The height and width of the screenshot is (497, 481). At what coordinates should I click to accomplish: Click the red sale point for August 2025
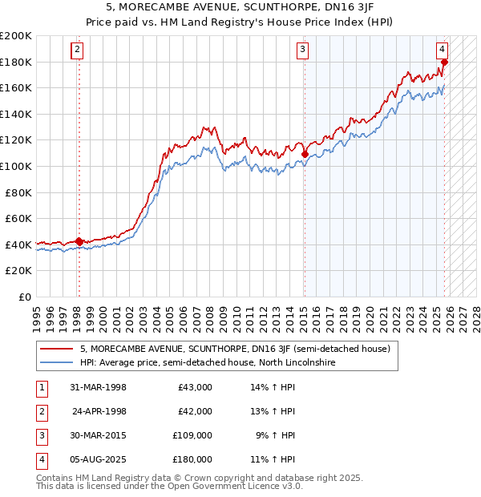tap(444, 62)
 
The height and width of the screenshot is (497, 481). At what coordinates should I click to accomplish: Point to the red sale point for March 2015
tap(305, 155)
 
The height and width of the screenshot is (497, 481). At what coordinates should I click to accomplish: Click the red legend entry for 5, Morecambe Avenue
tap(234, 349)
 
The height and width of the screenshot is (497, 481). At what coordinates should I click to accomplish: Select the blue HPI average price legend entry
tap(206, 362)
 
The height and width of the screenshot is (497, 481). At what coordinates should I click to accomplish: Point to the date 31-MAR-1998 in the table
tap(99, 387)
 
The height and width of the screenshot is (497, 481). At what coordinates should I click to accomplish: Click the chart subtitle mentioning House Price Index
tap(240, 21)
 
